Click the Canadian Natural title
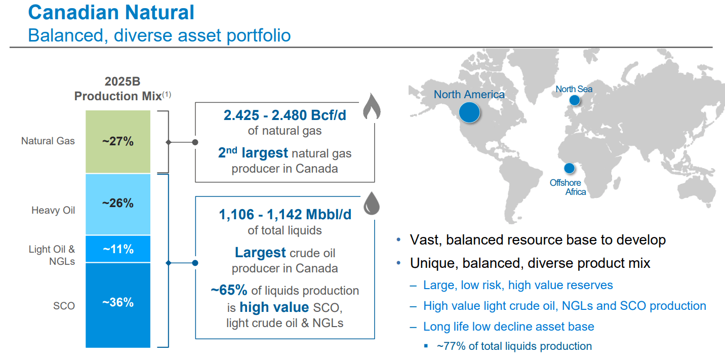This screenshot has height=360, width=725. [111, 12]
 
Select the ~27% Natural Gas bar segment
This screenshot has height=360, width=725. [118, 142]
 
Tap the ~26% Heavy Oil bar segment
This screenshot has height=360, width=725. [118, 204]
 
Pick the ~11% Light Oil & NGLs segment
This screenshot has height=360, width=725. [118, 249]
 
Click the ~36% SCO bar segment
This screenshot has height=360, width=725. [118, 304]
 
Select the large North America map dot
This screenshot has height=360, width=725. [469, 112]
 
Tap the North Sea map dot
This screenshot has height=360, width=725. [574, 100]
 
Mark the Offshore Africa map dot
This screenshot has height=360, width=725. [570, 168]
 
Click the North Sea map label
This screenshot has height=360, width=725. [574, 89]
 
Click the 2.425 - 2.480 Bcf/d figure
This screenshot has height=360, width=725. [285, 115]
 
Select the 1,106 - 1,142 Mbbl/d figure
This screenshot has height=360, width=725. [285, 215]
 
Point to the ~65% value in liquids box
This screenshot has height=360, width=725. [229, 290]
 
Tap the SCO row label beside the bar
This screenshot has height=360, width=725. [64, 306]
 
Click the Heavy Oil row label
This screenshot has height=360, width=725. [53, 210]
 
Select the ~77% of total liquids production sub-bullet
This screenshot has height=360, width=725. [514, 346]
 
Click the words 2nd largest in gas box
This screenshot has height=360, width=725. [253, 153]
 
